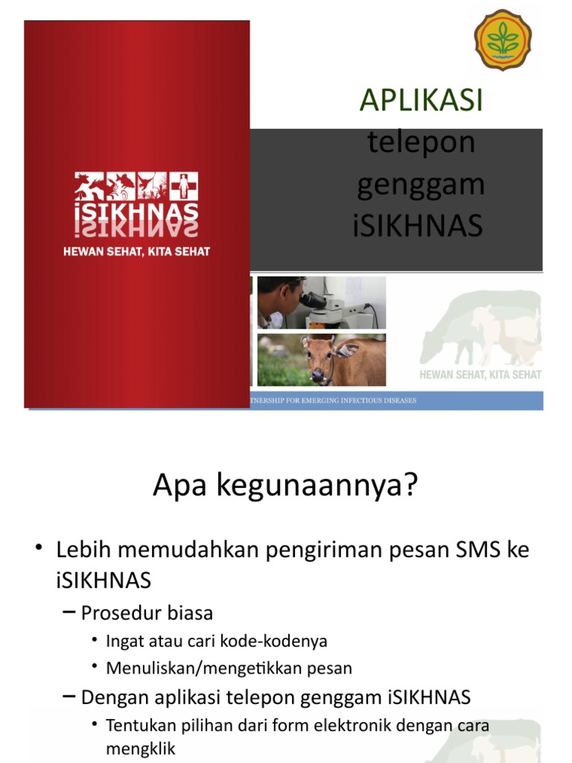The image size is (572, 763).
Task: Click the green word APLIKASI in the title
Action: (x=422, y=100)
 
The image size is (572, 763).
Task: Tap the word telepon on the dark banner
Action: (x=422, y=142)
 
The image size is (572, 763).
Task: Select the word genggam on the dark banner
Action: (x=421, y=185)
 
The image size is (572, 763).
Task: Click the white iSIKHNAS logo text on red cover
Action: (x=136, y=211)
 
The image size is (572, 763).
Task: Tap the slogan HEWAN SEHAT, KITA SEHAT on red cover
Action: (x=136, y=252)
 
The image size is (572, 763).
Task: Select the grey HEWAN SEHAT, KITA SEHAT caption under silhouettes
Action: (x=480, y=374)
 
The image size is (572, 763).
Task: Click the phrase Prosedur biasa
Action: (x=147, y=613)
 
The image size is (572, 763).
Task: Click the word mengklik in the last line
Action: (x=141, y=749)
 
